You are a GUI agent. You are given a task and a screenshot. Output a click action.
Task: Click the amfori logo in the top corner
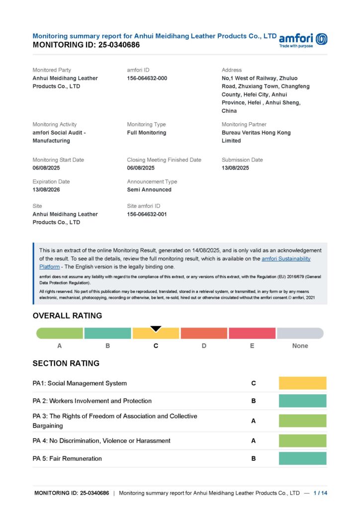click(303, 40)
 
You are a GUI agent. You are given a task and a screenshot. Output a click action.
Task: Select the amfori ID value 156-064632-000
click(147, 79)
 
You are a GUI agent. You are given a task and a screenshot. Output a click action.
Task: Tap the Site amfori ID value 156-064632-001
click(147, 214)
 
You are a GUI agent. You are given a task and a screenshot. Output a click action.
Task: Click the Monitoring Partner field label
click(244, 124)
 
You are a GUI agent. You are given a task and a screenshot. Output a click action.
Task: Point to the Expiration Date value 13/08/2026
click(46, 190)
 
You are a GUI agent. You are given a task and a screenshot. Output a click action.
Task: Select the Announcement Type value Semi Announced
click(149, 190)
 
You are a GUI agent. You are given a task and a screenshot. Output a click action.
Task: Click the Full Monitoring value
click(147, 133)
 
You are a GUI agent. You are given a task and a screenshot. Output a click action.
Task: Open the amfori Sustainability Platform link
click(286, 259)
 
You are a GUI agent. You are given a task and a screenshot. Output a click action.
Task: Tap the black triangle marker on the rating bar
click(156, 329)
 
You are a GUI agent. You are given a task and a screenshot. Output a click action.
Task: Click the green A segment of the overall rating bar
click(60, 334)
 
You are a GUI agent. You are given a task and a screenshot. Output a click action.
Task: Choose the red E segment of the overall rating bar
click(252, 334)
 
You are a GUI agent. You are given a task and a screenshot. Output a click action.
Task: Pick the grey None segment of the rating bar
click(300, 334)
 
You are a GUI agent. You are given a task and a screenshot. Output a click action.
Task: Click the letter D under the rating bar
click(204, 346)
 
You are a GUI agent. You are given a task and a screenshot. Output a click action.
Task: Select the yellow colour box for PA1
click(302, 383)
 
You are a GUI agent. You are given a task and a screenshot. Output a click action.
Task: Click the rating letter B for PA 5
click(254, 459)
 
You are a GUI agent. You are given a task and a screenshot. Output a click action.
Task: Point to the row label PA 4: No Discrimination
click(101, 441)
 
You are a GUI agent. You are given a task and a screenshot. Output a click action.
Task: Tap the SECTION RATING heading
click(66, 363)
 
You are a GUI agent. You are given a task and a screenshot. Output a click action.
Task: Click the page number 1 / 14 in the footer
click(320, 493)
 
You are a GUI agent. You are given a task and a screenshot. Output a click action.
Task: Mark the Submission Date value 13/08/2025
click(235, 168)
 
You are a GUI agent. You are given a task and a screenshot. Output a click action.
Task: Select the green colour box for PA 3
click(302, 421)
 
